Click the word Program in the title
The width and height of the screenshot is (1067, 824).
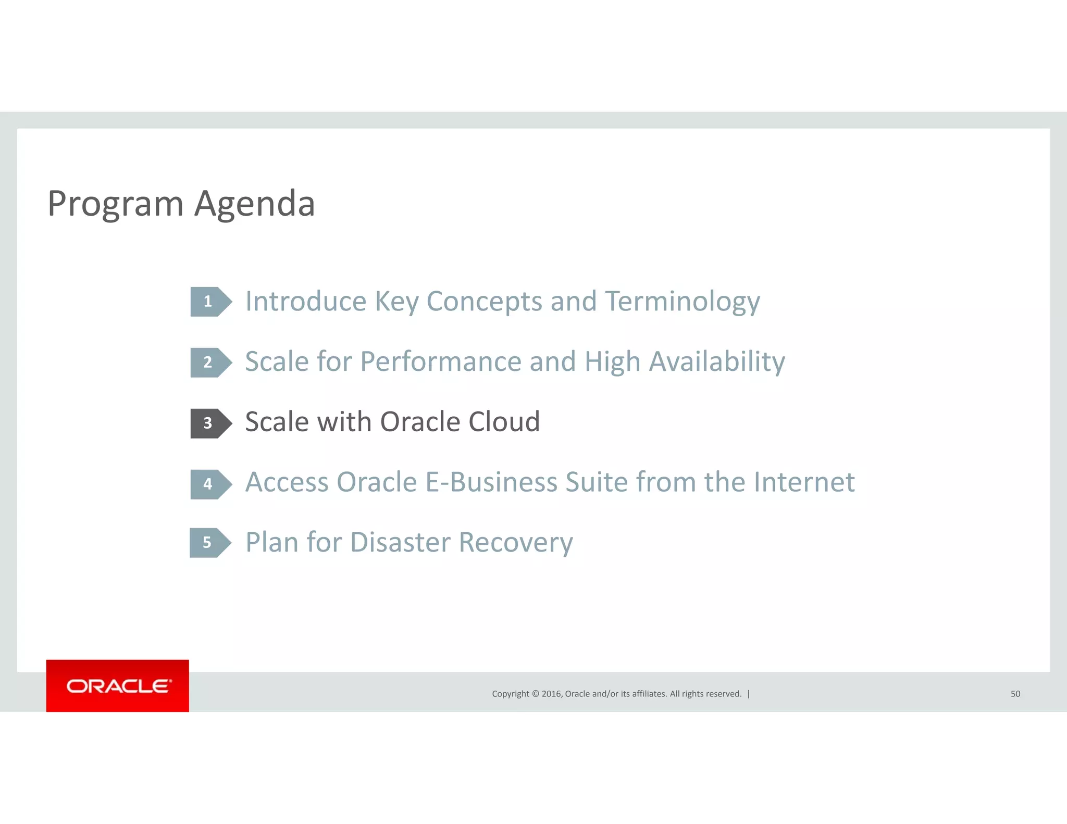[115, 204]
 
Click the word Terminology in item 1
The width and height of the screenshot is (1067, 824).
[683, 302]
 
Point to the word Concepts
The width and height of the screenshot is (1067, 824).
[484, 302]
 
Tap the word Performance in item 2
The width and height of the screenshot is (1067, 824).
[440, 362]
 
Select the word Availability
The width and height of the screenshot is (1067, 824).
[717, 362]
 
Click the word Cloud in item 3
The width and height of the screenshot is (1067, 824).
[503, 422]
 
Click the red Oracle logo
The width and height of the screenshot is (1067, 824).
[118, 685]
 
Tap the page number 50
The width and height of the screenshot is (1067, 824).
[1015, 694]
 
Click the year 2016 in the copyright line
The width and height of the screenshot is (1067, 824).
[551, 694]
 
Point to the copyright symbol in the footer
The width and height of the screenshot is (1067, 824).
[535, 694]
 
